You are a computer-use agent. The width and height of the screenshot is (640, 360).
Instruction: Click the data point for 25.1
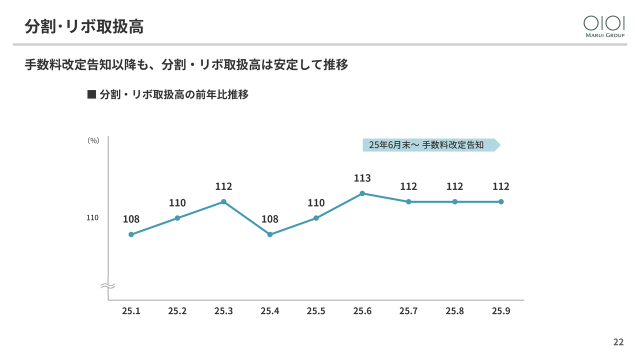coord(131,234)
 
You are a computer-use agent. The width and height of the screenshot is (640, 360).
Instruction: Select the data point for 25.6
coord(362,193)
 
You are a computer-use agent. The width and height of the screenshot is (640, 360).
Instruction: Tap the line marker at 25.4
coord(270,234)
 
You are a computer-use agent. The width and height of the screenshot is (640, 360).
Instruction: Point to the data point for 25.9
coord(501,201)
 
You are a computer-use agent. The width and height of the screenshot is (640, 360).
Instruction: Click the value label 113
coord(362,178)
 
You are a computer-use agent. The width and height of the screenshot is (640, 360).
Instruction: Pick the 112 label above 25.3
coord(223,186)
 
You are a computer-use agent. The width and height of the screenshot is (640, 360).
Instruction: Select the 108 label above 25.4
coord(270,219)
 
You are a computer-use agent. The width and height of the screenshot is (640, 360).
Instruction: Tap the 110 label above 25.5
coord(316,202)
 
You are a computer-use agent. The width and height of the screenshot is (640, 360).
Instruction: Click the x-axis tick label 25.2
coord(177,311)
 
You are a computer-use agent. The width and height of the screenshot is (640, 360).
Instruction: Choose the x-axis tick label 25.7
coord(408,311)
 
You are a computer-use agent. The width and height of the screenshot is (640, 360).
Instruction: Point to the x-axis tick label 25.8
coord(454,311)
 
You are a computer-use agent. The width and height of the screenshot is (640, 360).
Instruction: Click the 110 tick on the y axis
coord(92,218)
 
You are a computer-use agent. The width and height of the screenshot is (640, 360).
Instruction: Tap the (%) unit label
coord(93,140)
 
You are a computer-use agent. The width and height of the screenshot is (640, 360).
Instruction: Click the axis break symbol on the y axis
coord(108,286)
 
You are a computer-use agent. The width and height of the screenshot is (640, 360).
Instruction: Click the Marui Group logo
coord(604,26)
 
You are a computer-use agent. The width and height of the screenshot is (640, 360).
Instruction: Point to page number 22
coord(618,342)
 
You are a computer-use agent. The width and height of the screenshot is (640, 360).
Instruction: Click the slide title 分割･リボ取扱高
coord(84,26)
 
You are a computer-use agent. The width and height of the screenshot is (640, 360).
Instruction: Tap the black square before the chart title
coord(91,94)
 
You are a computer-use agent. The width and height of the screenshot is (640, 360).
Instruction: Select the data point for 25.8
coord(454,201)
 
